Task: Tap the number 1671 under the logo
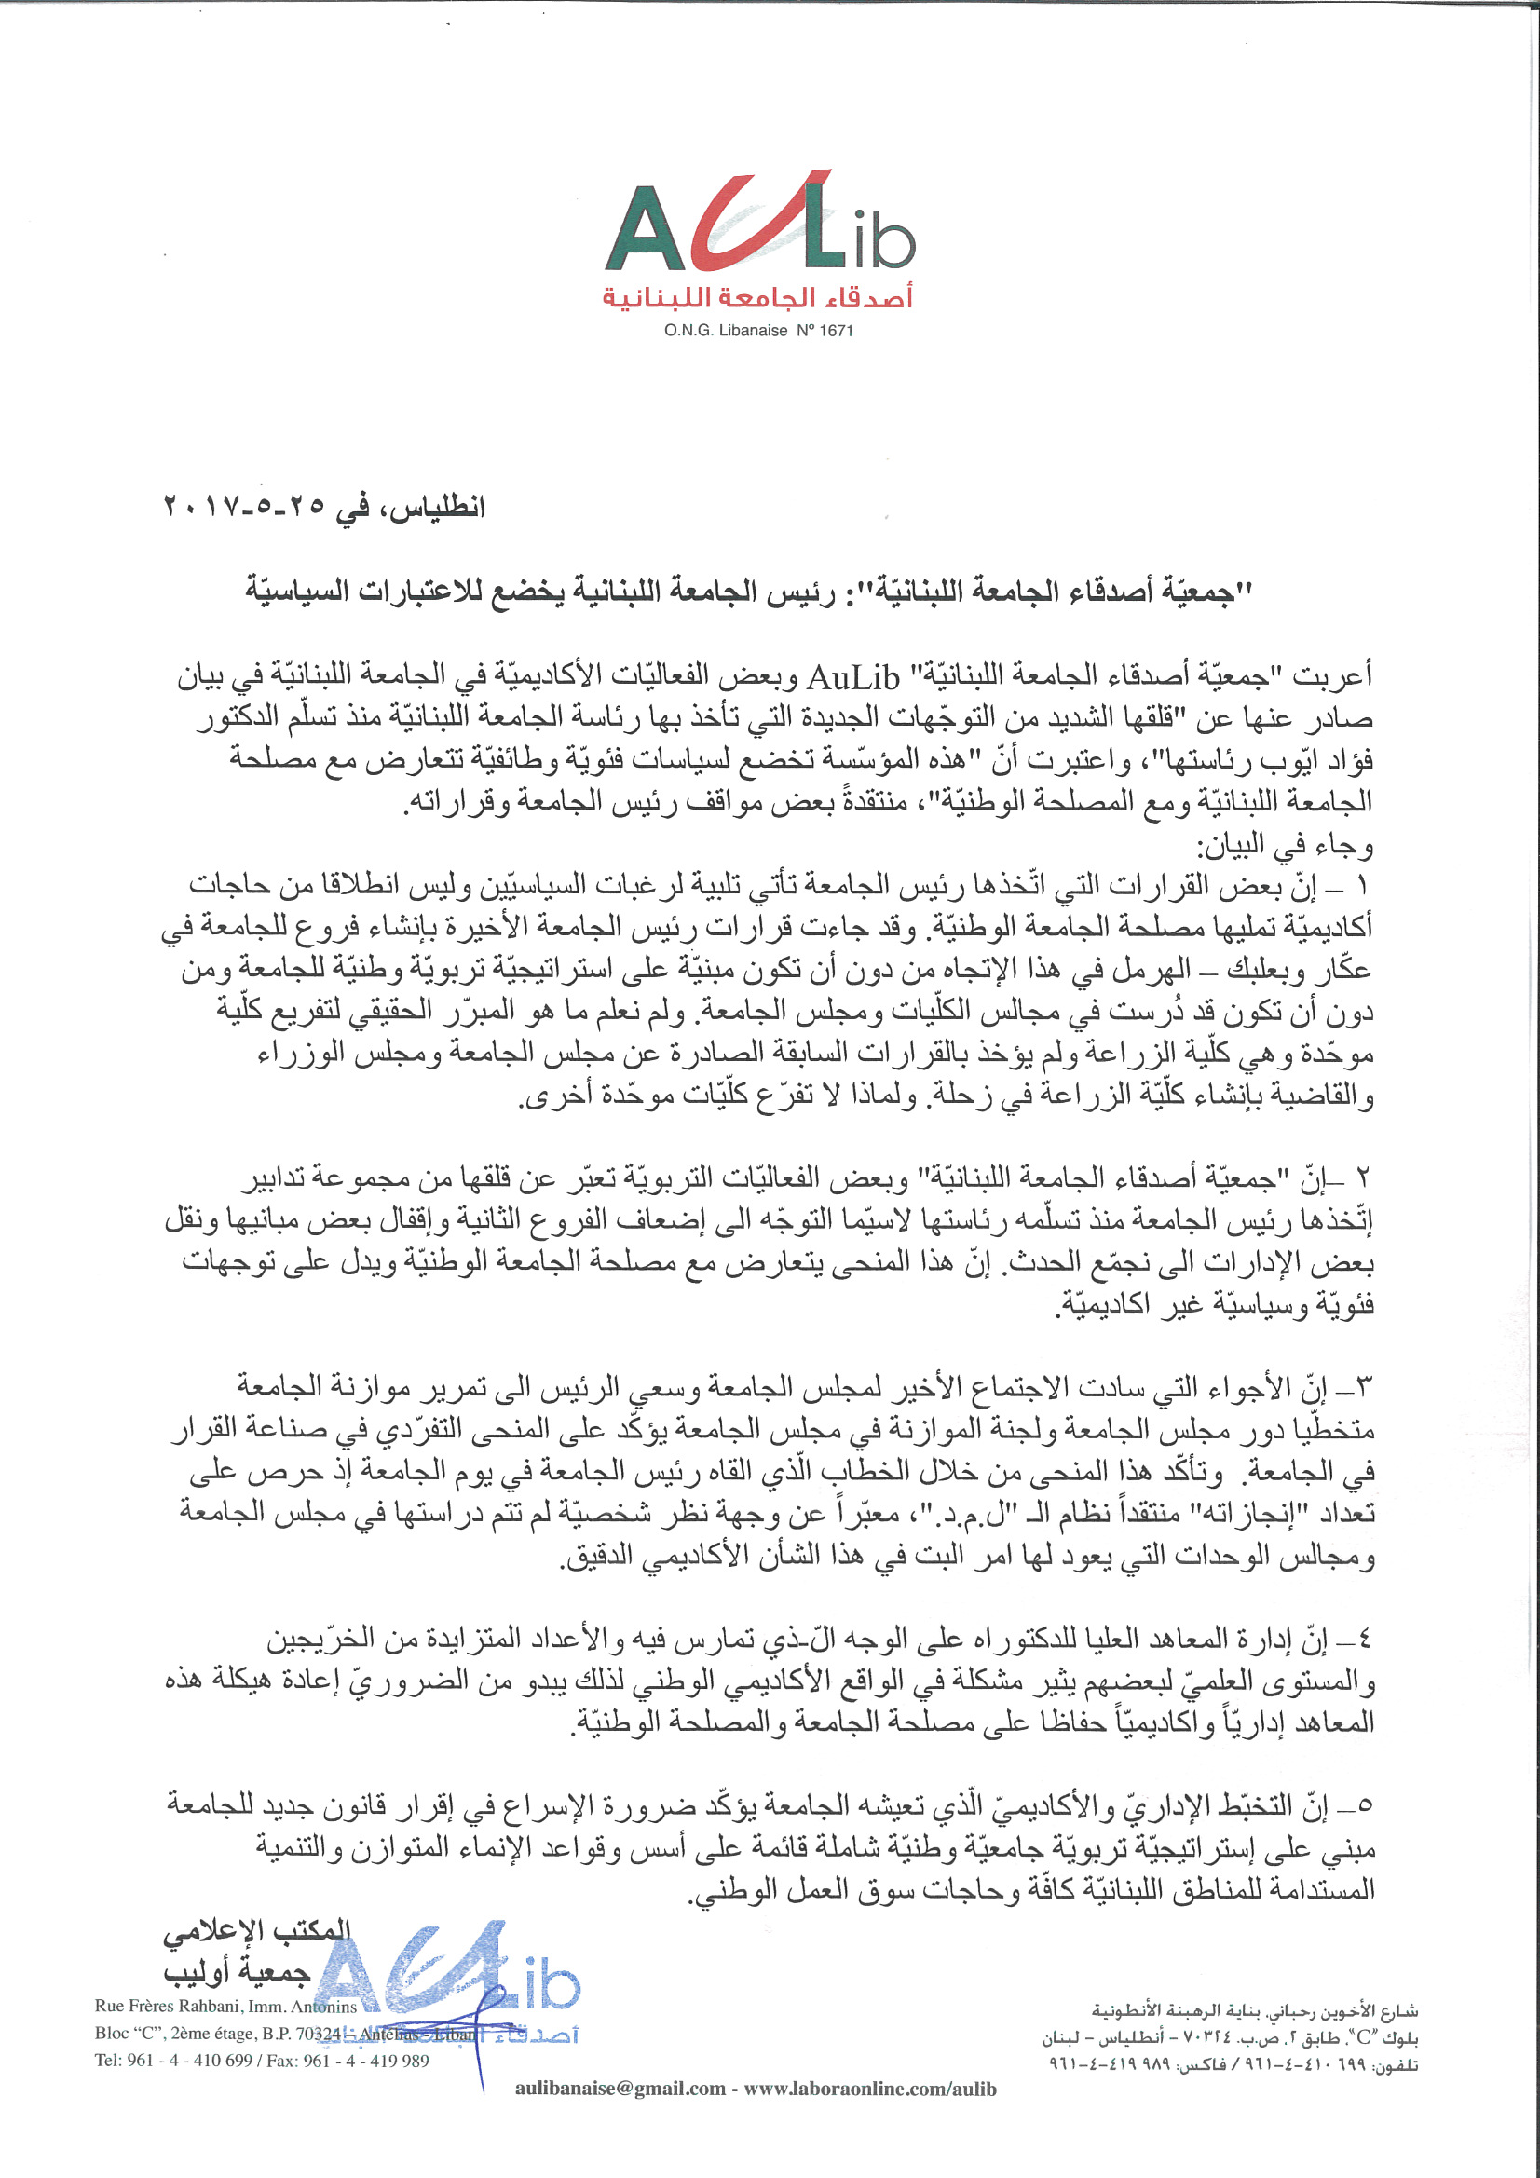pos(836,331)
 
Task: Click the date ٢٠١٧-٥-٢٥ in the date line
pos(245,507)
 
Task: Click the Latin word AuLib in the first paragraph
pos(853,677)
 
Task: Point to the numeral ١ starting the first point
pos(1363,887)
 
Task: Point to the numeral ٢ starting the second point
pos(1363,1180)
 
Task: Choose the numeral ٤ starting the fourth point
pos(1363,1640)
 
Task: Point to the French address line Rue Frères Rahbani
pos(225,2007)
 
